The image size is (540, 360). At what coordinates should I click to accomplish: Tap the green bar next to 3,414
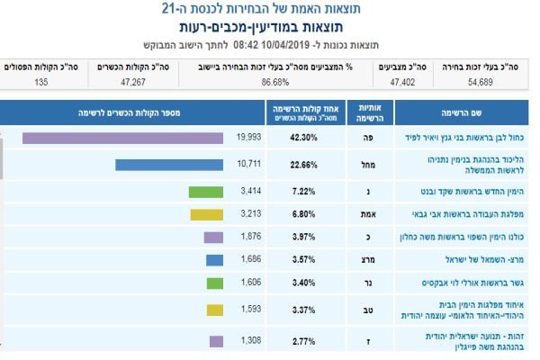click(x=205, y=192)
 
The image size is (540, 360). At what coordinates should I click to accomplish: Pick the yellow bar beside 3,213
click(x=207, y=215)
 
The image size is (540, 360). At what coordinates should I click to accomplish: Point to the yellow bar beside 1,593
click(x=214, y=310)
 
